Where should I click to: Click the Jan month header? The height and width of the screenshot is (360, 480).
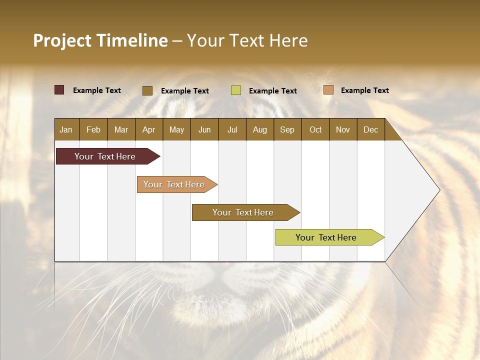pyautogui.click(x=66, y=129)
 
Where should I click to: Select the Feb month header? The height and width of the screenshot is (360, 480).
pyautogui.click(x=93, y=129)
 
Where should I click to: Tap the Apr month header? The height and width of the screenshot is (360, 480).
pyautogui.click(x=148, y=129)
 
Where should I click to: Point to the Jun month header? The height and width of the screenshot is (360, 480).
pyautogui.click(x=204, y=129)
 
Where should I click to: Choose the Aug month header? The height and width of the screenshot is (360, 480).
pyautogui.click(x=259, y=129)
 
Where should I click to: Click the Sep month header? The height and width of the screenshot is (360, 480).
pyautogui.click(x=287, y=129)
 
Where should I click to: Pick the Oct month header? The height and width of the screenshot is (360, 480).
pyautogui.click(x=315, y=129)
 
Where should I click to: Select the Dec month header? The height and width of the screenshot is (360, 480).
pyautogui.click(x=370, y=129)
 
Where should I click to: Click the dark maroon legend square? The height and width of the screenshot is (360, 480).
pyautogui.click(x=59, y=90)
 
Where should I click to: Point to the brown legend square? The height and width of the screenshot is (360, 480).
pyautogui.click(x=147, y=90)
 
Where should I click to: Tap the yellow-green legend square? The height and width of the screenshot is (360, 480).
pyautogui.click(x=236, y=90)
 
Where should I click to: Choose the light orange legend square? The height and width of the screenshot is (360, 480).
pyautogui.click(x=328, y=90)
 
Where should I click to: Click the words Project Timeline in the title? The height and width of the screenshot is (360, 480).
pyautogui.click(x=100, y=40)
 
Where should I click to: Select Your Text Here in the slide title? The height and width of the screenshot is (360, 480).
pyautogui.click(x=247, y=40)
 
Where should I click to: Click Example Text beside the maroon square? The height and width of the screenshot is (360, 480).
pyautogui.click(x=97, y=90)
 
